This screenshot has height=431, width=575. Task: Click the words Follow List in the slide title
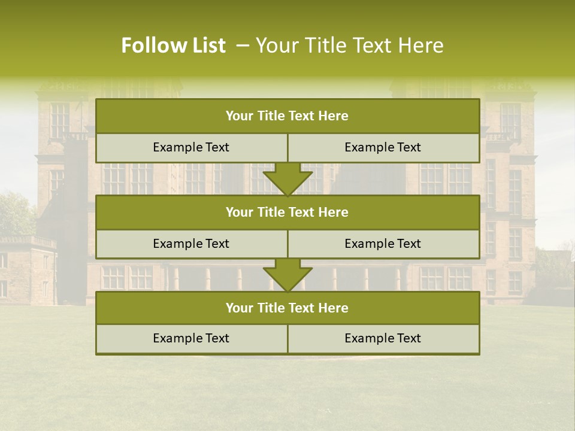click(x=173, y=45)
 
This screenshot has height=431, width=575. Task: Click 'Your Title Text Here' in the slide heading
click(x=349, y=45)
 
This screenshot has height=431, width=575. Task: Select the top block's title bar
click(x=287, y=116)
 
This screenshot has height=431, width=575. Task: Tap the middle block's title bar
click(x=287, y=212)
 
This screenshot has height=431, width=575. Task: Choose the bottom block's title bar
click(x=287, y=308)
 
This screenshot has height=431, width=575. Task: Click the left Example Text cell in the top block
click(x=191, y=147)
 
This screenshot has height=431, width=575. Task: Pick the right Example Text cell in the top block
click(x=383, y=147)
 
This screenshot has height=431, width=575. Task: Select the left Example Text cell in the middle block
click(x=191, y=244)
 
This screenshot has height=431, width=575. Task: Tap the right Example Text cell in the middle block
click(x=383, y=244)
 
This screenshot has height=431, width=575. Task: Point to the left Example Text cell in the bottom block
click(x=191, y=338)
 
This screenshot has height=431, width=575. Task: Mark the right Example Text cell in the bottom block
click(x=383, y=338)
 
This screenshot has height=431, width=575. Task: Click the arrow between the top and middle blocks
click(x=287, y=178)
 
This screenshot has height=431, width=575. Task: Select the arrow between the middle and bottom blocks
click(x=287, y=275)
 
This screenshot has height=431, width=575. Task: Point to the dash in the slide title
click(x=243, y=45)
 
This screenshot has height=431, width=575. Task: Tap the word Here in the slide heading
click(x=423, y=45)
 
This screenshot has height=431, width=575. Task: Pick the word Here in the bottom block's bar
click(x=334, y=308)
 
